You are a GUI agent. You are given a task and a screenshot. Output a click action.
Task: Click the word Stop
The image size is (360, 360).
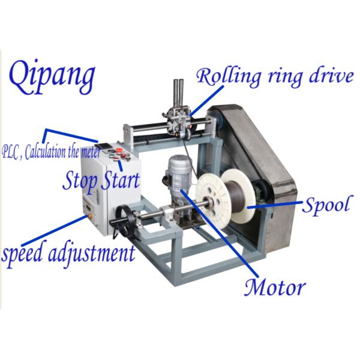tap(81, 179)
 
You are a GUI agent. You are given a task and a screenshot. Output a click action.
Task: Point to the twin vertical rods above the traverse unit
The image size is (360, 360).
tap(179, 90)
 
